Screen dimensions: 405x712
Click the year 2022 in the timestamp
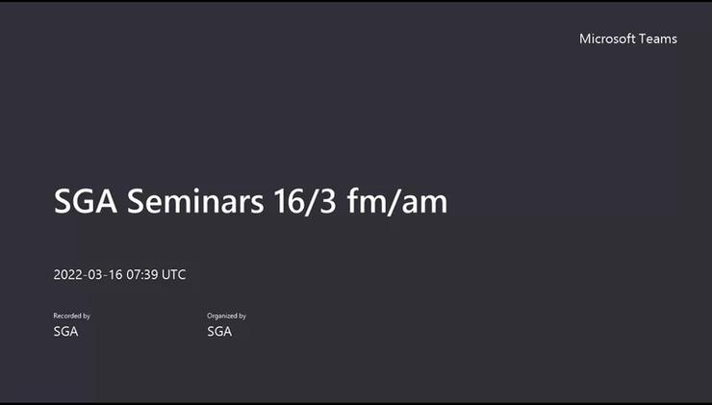click(x=68, y=275)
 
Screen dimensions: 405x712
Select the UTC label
click(x=174, y=275)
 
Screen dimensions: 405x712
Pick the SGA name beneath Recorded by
click(x=65, y=332)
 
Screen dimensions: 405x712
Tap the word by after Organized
click(x=242, y=316)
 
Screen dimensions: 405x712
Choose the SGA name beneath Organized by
click(x=219, y=332)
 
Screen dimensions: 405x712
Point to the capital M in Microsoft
click(x=584, y=38)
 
